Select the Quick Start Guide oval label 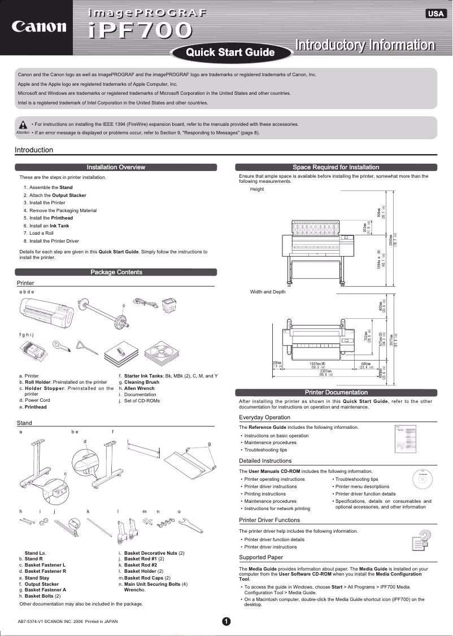tap(230, 52)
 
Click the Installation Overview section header tap(116, 167)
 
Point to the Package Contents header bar tap(116, 272)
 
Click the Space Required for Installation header tap(336, 167)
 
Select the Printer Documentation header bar tap(336, 392)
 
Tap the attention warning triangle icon tap(23, 125)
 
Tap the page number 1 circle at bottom tap(226, 621)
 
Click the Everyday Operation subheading tap(264, 418)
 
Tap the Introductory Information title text tap(365, 45)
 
